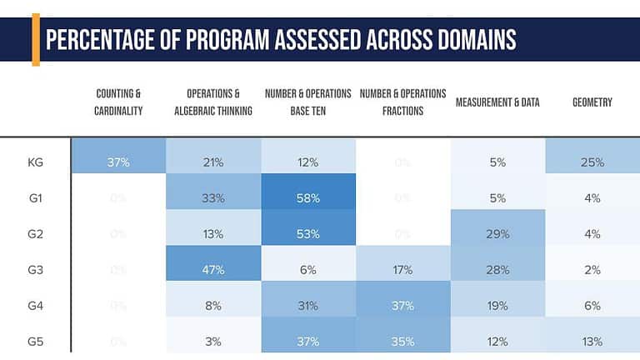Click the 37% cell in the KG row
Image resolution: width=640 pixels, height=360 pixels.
(x=117, y=162)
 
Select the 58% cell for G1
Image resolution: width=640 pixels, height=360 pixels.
(x=308, y=198)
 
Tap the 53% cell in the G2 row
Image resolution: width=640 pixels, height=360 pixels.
(x=308, y=234)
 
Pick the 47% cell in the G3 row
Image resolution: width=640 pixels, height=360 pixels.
(x=213, y=270)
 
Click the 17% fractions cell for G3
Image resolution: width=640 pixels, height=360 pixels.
(x=402, y=270)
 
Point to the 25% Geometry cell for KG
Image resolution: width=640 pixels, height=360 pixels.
(x=592, y=162)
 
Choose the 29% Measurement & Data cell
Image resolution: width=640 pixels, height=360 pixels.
(x=497, y=234)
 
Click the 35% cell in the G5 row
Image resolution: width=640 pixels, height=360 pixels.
(x=402, y=342)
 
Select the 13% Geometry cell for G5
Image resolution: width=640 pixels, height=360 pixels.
(x=592, y=342)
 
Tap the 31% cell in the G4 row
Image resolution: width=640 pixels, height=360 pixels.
(x=308, y=306)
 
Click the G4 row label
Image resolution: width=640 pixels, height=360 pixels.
(x=36, y=306)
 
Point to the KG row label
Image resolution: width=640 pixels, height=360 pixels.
(x=36, y=162)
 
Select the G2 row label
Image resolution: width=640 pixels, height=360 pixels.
(x=36, y=234)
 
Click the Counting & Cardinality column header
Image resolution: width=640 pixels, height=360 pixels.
(x=118, y=102)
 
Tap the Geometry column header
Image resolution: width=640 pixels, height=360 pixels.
(x=592, y=102)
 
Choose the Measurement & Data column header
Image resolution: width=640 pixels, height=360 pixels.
(x=497, y=102)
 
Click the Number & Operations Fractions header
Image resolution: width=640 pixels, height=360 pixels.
(x=402, y=102)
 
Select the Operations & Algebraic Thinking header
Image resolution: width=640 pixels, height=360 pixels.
(x=213, y=102)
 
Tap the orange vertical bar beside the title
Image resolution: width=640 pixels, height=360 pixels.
(x=36, y=39)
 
